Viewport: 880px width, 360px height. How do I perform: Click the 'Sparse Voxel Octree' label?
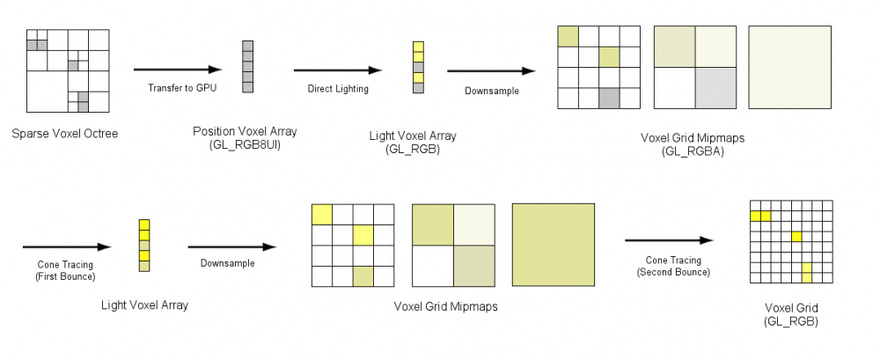[65, 134]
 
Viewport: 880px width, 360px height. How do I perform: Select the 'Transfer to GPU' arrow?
[177, 70]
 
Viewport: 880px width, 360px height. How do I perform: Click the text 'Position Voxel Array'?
[245, 131]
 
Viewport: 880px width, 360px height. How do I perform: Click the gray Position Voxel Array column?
[247, 66]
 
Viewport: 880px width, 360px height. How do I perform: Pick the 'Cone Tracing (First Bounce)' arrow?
[66, 247]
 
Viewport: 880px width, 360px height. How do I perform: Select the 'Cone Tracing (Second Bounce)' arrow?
[668, 239]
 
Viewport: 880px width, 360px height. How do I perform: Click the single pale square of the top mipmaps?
[789, 67]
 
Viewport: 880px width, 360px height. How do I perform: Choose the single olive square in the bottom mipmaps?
[554, 245]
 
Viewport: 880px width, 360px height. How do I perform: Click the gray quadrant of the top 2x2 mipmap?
[715, 88]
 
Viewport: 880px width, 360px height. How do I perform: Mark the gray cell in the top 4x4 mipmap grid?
[609, 99]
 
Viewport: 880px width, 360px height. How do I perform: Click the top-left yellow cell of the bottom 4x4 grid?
[322, 214]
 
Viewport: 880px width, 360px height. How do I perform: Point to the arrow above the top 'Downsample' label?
[492, 71]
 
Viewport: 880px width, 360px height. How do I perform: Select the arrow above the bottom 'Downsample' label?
[232, 247]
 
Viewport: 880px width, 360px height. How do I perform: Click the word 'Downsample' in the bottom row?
[227, 263]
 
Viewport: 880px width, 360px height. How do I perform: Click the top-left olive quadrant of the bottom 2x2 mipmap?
[433, 224]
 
